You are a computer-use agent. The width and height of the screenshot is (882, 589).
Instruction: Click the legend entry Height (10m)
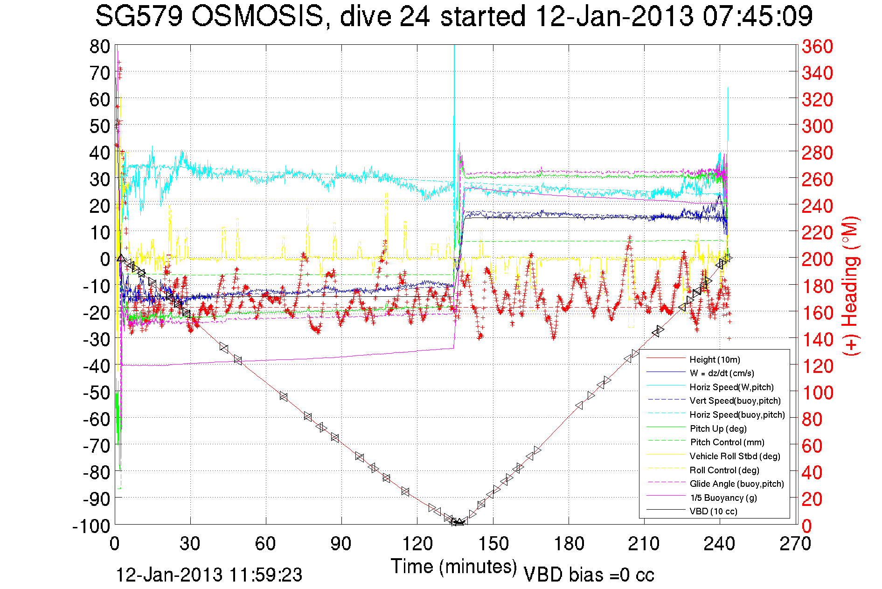715,359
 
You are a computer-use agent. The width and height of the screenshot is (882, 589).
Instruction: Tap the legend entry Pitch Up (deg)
718,428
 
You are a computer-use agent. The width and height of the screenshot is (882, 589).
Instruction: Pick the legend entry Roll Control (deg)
724,470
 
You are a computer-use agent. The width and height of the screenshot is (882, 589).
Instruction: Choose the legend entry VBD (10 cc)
713,511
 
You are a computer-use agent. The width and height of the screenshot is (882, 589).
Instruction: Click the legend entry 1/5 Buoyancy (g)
723,498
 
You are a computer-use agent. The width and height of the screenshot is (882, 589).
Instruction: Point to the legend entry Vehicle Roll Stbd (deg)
735,456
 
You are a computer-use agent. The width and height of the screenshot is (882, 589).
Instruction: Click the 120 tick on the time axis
417,544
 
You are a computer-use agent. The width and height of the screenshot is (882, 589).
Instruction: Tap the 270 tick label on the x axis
795,544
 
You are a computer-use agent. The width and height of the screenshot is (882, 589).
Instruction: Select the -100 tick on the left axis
91,526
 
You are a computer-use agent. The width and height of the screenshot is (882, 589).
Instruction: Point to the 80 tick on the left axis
99,46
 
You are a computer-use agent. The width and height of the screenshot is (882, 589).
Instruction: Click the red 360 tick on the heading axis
817,46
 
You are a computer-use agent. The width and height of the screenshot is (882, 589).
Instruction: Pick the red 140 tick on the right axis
817,339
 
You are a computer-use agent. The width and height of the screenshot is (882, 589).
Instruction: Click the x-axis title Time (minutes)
454,567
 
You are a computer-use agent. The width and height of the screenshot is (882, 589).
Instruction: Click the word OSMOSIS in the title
257,16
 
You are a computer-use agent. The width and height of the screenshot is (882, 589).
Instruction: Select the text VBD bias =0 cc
589,575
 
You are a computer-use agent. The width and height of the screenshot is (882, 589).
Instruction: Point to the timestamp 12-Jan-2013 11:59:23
209,575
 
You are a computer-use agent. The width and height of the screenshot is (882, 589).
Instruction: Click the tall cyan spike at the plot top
454,51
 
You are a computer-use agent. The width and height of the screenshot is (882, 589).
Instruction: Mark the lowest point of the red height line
457,523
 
